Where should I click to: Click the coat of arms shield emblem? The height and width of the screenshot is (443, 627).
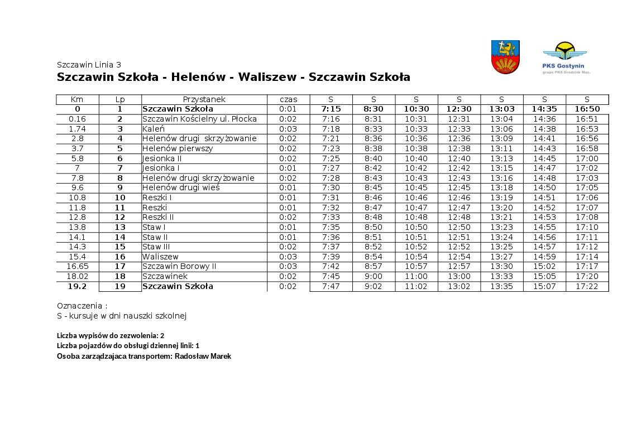(505, 57)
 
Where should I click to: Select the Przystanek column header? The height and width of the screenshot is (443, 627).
(204, 99)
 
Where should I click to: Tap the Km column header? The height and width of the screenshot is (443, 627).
(77, 99)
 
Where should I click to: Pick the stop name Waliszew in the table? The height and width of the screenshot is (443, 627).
(160, 257)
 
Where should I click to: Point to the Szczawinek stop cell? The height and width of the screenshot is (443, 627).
(165, 276)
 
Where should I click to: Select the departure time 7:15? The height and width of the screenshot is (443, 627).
(331, 109)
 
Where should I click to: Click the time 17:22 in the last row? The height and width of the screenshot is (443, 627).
(587, 286)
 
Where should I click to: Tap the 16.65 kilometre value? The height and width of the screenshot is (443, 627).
(77, 267)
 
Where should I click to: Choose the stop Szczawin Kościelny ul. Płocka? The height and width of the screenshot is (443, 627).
(199, 119)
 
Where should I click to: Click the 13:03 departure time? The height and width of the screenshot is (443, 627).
(501, 109)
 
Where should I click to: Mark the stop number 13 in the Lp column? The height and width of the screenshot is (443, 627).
(120, 227)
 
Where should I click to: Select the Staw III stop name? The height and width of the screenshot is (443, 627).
(156, 247)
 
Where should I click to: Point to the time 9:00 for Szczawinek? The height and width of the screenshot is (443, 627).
(374, 276)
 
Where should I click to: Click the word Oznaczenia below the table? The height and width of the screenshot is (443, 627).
(80, 306)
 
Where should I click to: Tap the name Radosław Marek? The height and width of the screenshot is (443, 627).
(203, 356)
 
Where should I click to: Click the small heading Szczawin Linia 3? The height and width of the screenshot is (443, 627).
(89, 64)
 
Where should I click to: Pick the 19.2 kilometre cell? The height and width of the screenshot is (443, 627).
(77, 286)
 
